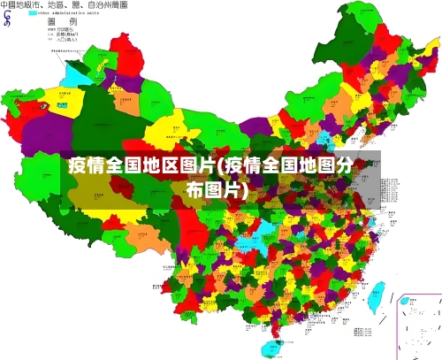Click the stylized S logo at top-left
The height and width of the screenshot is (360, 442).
click(7, 18)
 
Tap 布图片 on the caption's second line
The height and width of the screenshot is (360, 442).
click(217, 188)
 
